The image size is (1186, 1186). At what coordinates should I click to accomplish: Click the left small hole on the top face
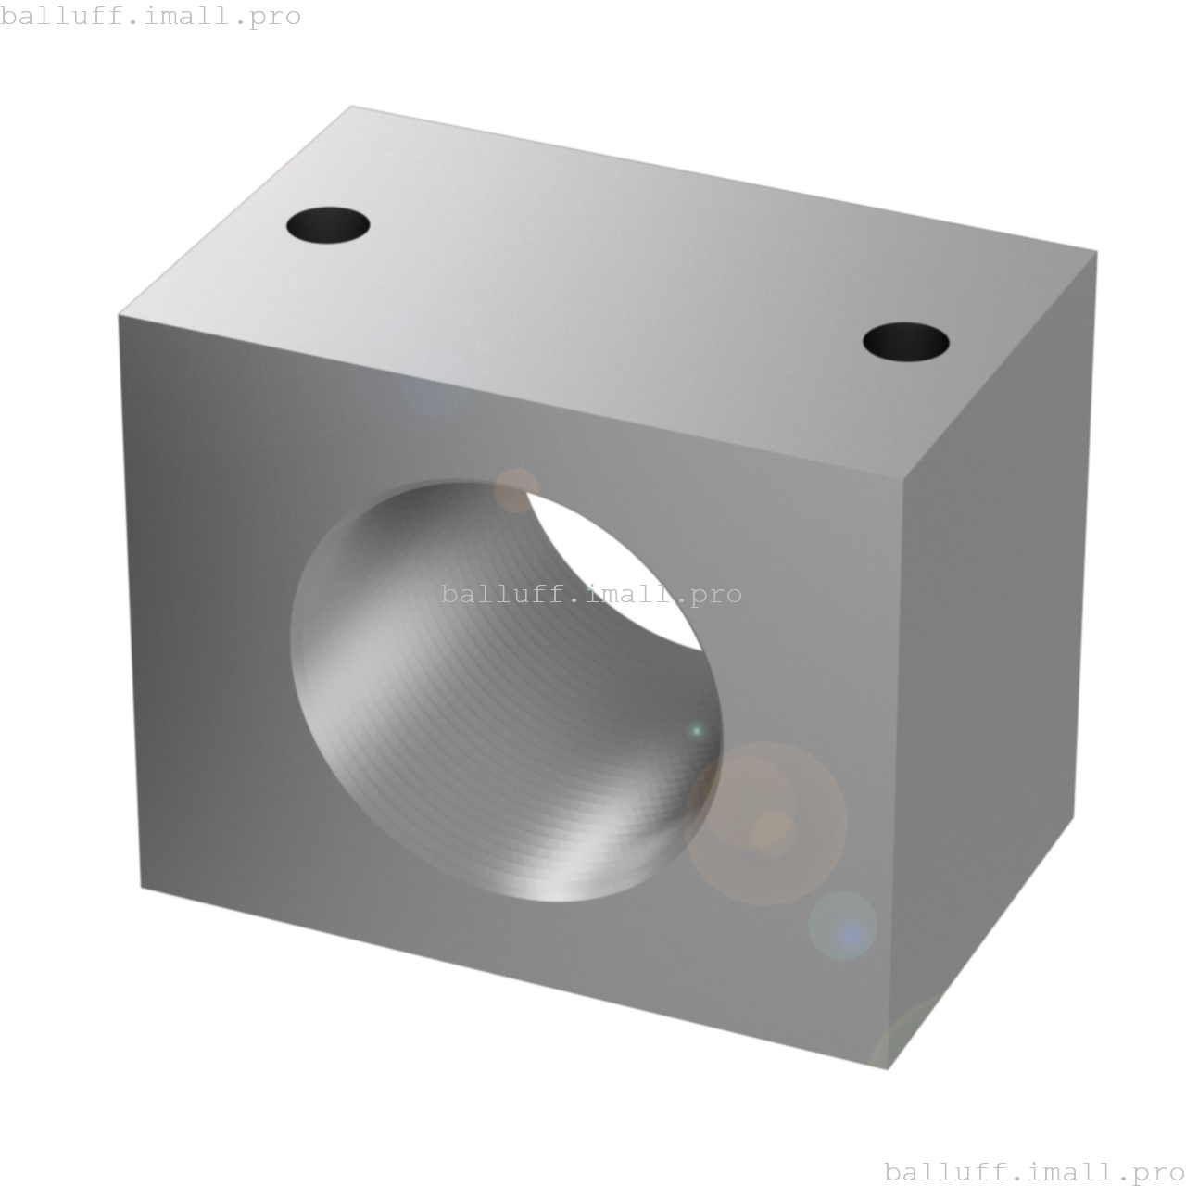328,225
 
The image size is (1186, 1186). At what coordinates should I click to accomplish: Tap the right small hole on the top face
905,342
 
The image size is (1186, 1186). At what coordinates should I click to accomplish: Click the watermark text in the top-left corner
151,17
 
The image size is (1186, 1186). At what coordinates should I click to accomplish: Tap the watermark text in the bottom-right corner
1034,1172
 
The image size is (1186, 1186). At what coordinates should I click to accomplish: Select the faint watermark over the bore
591,594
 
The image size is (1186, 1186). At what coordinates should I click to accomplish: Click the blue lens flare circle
842,926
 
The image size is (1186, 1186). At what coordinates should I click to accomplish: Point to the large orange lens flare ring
767,823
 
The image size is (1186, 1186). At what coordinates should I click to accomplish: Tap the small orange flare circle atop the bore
515,490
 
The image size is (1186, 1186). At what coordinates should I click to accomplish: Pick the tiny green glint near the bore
697,731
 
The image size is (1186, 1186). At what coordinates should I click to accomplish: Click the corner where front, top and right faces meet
902,478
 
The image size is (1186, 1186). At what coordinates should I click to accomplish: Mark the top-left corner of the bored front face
119,316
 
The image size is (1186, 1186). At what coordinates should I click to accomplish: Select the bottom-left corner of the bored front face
141,888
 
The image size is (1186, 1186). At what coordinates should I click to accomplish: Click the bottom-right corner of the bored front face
888,1069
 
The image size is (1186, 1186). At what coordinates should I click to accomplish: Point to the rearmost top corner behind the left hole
352,106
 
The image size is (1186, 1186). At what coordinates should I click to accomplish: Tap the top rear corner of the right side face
1097,250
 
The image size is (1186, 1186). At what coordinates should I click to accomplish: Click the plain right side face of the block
991,649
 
